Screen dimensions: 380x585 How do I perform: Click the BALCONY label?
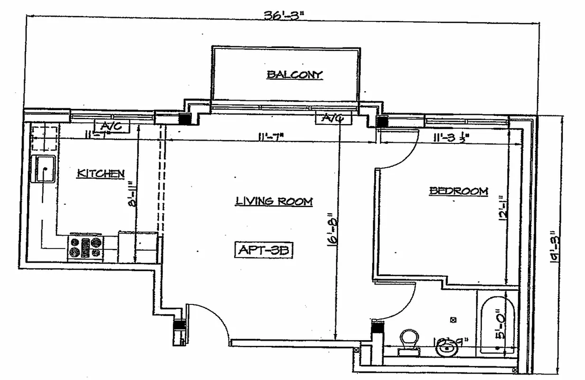coord(294,75)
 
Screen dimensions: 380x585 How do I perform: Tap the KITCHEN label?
coord(101,174)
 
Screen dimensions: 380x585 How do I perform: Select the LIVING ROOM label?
coord(274,201)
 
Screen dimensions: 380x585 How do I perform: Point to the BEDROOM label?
coord(458,191)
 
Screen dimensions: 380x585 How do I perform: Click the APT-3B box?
coord(264,250)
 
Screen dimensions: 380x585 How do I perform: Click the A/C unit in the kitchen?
coord(113,127)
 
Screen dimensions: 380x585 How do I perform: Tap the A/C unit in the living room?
coord(334,118)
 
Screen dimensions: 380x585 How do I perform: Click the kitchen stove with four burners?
coord(85,247)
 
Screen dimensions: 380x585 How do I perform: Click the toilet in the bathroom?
coord(408,341)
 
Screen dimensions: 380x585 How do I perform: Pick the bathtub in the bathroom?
coord(497,325)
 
